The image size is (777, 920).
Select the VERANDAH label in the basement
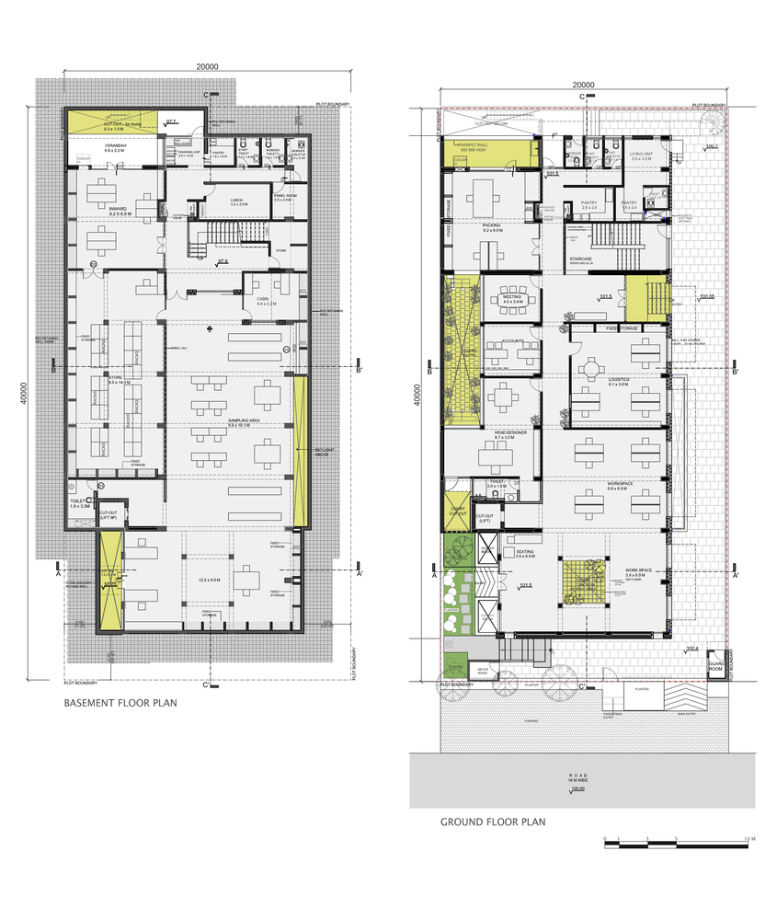114,146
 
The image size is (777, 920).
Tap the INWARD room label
118,211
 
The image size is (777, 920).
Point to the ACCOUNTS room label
513,341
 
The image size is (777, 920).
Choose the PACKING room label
489,224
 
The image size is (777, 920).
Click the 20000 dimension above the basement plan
206,67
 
